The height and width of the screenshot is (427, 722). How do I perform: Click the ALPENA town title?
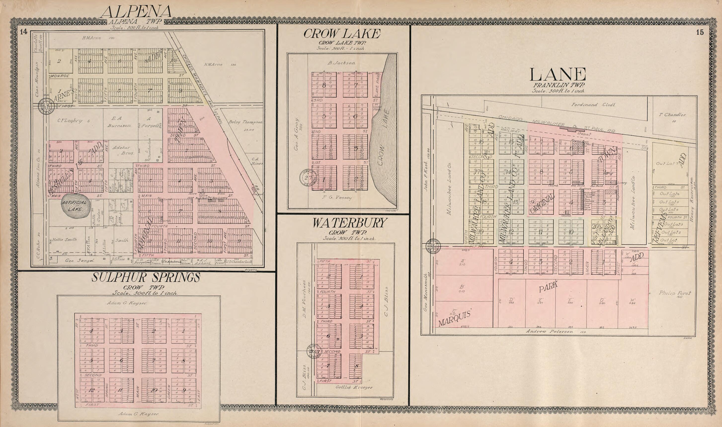(x=136, y=12)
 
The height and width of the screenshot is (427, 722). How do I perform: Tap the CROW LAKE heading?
(x=342, y=34)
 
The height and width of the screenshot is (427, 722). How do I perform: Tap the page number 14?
(x=24, y=32)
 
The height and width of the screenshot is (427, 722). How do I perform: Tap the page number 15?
(x=700, y=32)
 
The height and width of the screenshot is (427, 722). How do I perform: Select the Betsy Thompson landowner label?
(x=245, y=122)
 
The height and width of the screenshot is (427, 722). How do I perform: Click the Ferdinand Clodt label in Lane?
(x=593, y=105)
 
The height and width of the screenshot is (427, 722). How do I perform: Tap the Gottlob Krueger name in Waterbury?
(x=354, y=387)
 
